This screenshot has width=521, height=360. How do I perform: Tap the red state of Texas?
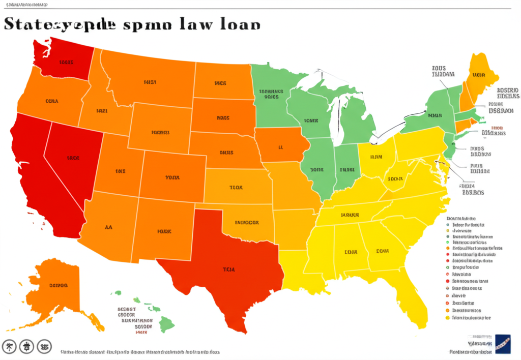coord(224,269)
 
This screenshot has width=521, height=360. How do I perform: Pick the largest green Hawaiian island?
coord(167,323)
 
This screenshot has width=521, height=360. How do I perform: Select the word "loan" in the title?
coord(238,24)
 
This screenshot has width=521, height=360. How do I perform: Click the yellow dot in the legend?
coord(448,318)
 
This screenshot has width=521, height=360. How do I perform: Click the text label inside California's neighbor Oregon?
coord(52,101)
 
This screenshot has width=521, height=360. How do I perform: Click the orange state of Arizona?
coord(109,226)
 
